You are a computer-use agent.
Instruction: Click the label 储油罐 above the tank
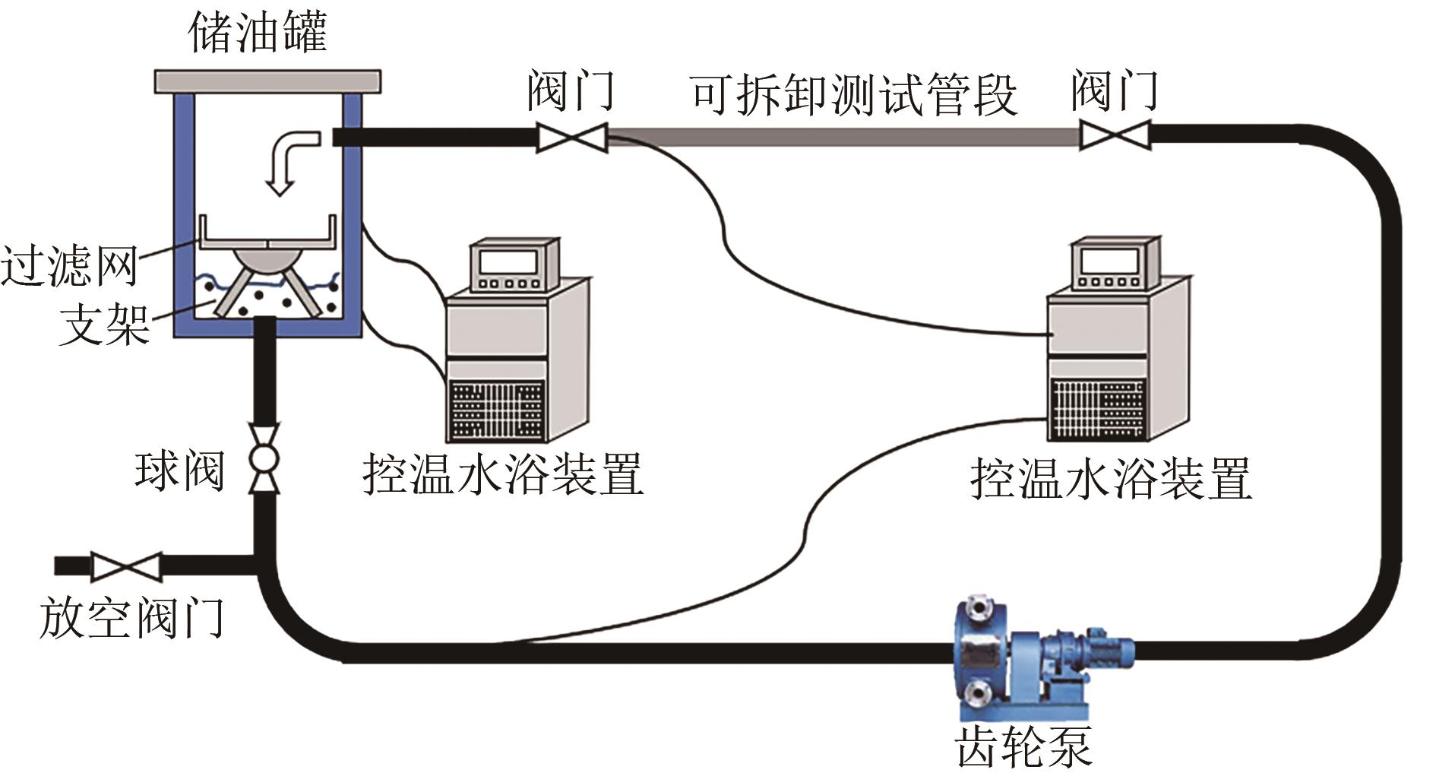coord(258,33)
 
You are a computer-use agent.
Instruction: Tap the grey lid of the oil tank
coord(267,81)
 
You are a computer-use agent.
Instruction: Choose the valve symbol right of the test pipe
coord(1115,137)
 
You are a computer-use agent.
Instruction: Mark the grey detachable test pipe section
coord(843,137)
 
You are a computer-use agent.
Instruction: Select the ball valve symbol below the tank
coord(264,459)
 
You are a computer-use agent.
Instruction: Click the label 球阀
coord(179,470)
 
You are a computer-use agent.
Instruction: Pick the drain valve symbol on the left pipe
coord(126,567)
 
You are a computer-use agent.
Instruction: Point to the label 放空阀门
coord(131,617)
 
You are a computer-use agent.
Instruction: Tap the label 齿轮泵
coord(1023,746)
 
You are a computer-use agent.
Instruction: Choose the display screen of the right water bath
coord(1109,261)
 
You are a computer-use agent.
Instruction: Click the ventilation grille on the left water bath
coord(496,410)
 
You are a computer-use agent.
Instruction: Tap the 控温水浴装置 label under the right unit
coord(1110,479)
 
